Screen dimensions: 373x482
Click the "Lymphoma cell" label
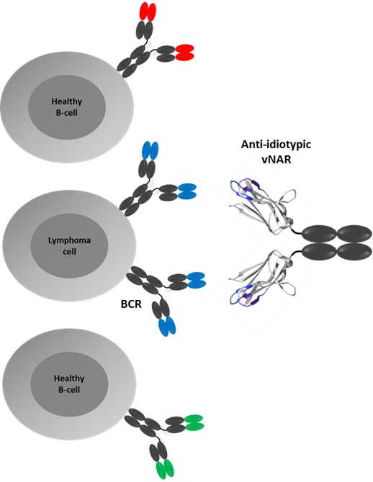pyautogui.click(x=69, y=245)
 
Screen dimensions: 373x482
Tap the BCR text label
pyautogui.click(x=131, y=304)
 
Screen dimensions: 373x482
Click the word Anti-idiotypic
pyautogui.click(x=276, y=144)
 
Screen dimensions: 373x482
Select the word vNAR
pyautogui.click(x=276, y=160)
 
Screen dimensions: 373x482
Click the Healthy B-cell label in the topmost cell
pyautogui.click(x=67, y=107)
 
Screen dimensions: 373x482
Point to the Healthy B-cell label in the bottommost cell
pyautogui.click(x=69, y=384)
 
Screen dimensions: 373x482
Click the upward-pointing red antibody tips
pyautogui.click(x=148, y=12)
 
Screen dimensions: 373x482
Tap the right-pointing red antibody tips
pyautogui.click(x=184, y=52)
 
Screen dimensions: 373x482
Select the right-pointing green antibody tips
pyautogui.click(x=194, y=422)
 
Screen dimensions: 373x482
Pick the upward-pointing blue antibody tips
pyautogui.click(x=150, y=150)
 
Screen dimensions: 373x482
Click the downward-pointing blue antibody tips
pyautogui.click(x=167, y=327)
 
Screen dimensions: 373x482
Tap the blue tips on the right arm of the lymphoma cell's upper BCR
pyautogui.click(x=186, y=191)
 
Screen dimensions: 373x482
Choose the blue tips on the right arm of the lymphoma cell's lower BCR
pyautogui.click(x=197, y=280)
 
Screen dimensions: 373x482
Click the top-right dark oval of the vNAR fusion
pyautogui.click(x=354, y=235)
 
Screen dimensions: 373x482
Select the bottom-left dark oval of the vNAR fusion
pyautogui.click(x=319, y=252)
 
